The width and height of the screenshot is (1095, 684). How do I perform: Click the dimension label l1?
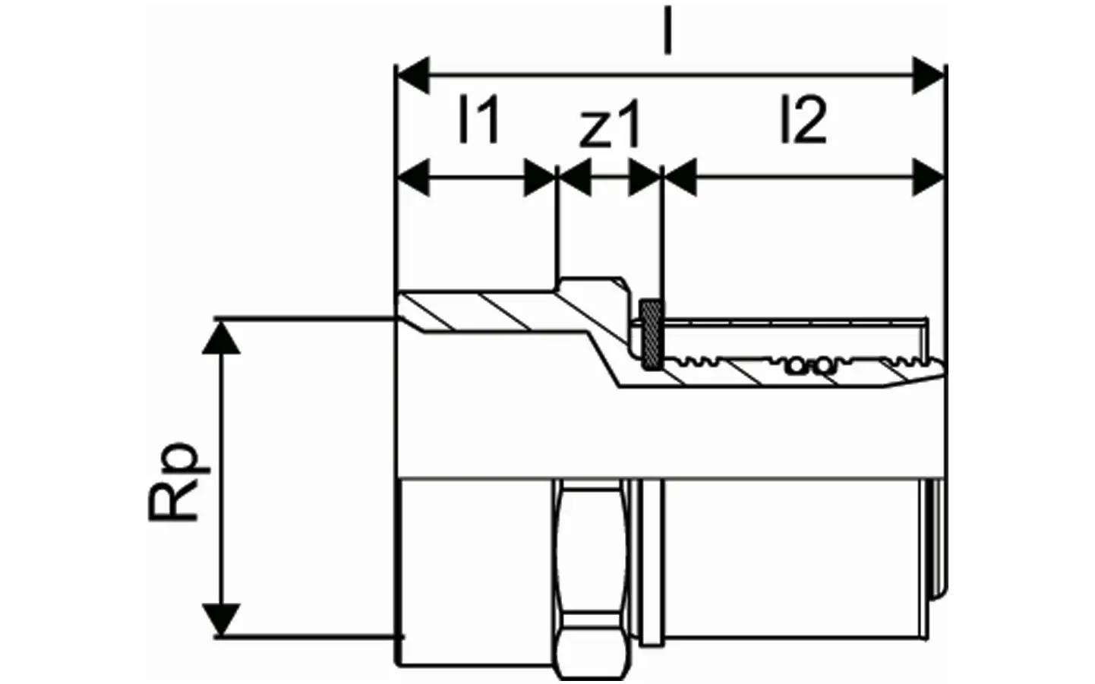pos(478,119)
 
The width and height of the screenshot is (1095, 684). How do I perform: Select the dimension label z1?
pos(609,123)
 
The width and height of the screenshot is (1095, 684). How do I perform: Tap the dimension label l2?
pos(803,119)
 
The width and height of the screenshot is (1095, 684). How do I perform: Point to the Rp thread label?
pos(179,482)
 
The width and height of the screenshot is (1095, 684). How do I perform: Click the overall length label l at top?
pos(667,30)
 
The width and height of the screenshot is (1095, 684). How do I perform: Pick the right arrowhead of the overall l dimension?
pos(928,75)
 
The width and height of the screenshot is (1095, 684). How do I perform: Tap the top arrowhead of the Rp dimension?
pos(221,338)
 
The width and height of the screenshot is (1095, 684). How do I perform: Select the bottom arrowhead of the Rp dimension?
pos(221,619)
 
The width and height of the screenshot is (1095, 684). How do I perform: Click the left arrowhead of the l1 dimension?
pos(413,177)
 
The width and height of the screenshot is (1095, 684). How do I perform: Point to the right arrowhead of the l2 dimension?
pos(928,177)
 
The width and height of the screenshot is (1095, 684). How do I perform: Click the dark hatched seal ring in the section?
pos(652,335)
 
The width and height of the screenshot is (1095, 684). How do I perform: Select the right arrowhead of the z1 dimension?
pos(644,177)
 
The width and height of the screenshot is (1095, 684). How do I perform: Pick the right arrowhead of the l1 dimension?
pos(540,177)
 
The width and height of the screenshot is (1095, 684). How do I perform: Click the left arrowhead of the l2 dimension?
pos(680,177)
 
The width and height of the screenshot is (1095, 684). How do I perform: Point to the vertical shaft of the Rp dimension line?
pos(221,478)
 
